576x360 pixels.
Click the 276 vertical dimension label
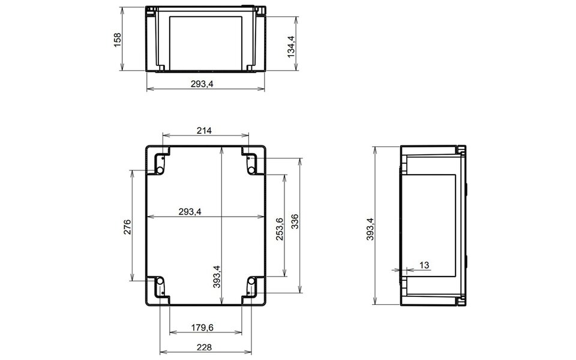tap(127, 227)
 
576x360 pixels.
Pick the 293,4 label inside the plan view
tap(190, 211)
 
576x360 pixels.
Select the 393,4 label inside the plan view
tap(217, 276)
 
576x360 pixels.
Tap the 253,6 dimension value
tap(279, 228)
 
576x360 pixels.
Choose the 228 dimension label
tap(204, 347)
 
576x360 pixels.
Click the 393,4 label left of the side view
tap(370, 228)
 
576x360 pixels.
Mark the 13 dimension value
tap(424, 265)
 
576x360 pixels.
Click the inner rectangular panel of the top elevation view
tap(206, 41)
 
